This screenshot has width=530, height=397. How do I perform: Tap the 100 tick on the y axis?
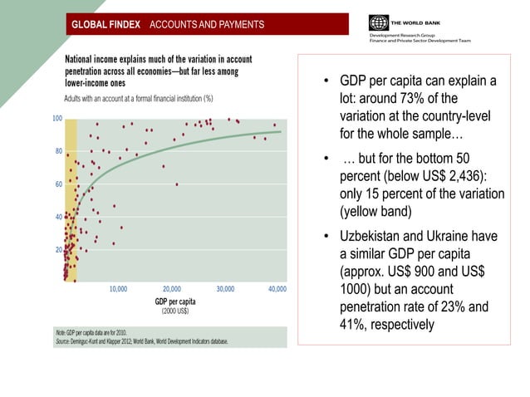click(x=57, y=119)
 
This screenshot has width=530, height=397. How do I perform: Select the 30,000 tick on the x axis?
click(x=225, y=290)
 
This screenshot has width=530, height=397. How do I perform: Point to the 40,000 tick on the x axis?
click(x=276, y=290)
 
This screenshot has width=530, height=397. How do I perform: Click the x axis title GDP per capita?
click(x=175, y=301)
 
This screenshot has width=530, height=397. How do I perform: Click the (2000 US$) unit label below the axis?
click(x=174, y=311)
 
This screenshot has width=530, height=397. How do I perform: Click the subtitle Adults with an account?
click(x=139, y=98)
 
